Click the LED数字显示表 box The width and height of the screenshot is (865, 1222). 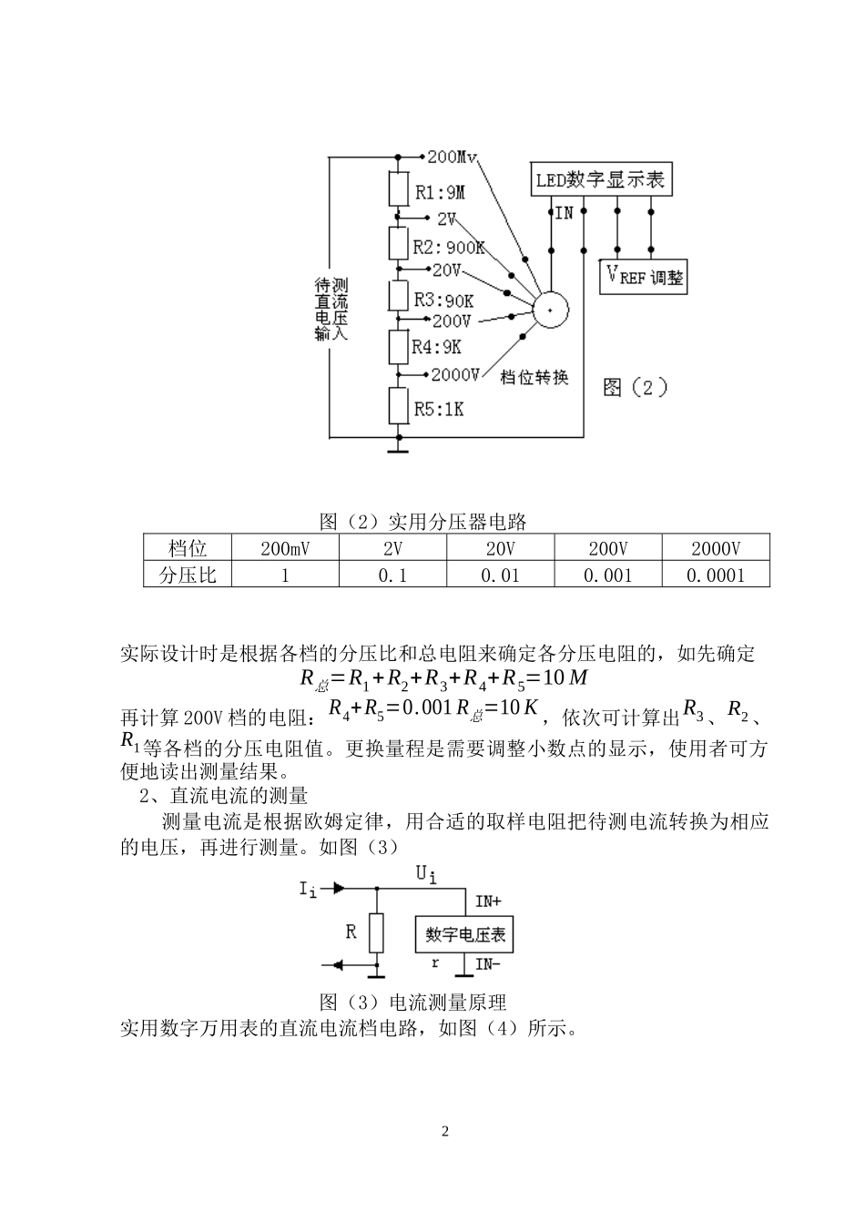coord(600,178)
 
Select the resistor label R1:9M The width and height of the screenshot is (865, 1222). coord(440,192)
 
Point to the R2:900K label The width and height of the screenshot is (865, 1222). coord(449,247)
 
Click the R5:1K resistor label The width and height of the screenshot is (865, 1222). coord(439,410)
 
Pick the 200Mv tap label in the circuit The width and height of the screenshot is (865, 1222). coord(453,157)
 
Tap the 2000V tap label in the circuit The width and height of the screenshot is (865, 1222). coord(455,374)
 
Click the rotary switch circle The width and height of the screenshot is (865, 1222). coord(550,311)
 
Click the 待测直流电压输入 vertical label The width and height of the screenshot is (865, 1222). coord(331,310)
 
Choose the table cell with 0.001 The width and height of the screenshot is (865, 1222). coord(607,575)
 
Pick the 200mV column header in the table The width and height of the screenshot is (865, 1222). coord(285,548)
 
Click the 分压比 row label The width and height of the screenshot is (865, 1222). coord(188,575)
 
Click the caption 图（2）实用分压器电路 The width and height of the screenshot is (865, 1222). coord(423,522)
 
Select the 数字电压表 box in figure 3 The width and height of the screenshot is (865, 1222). coord(465,934)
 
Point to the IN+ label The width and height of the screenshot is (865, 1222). coord(488,901)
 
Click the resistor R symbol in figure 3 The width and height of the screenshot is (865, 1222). coord(376,932)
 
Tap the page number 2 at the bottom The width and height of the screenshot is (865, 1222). coord(444,1132)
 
